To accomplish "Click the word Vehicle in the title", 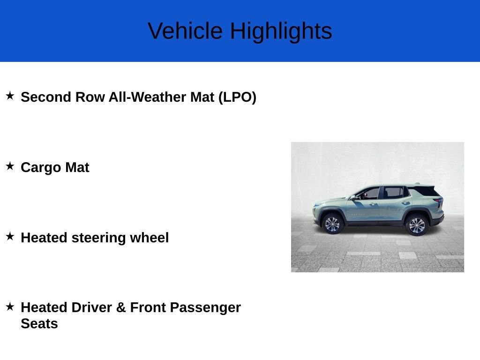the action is point(185,30).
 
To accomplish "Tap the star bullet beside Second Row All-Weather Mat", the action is point(10,96).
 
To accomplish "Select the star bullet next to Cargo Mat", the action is point(10,166).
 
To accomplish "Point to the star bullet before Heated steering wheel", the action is point(10,236).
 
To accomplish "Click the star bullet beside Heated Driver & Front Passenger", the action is point(10,306).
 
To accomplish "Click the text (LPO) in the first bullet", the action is point(237,97).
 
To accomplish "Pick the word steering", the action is point(98,238).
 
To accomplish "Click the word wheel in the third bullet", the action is point(150,238).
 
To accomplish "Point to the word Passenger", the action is point(205,308).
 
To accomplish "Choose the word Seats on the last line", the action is point(39,324).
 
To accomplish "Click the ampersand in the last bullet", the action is point(121,307).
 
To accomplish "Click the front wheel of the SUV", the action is point(332,225).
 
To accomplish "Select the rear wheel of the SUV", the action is point(417,225).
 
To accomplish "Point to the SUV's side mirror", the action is point(353,198).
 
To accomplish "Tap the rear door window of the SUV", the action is point(394,193).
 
